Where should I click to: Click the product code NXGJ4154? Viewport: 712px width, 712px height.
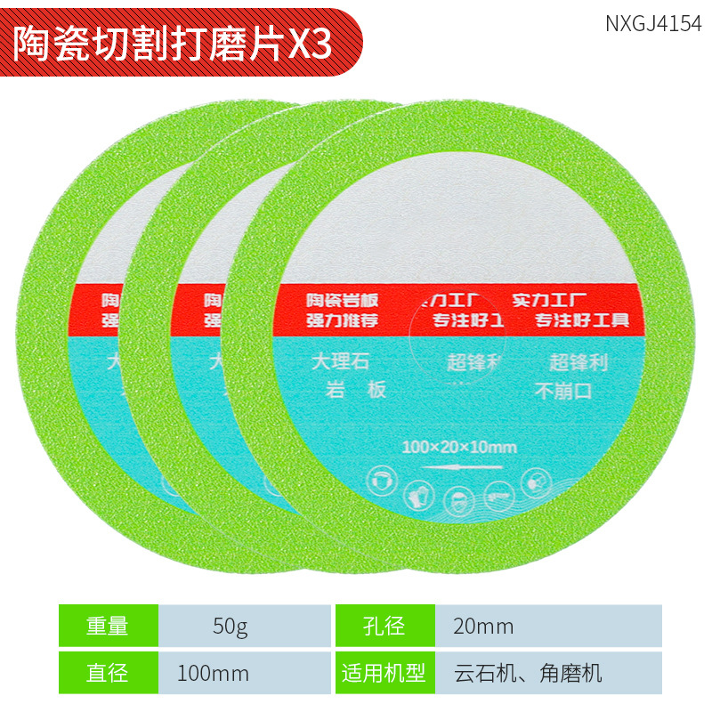[653, 23]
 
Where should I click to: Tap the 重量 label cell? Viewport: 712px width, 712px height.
[108, 626]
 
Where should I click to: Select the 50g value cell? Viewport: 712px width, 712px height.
[231, 626]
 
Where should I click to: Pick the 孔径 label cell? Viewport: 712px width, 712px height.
[384, 626]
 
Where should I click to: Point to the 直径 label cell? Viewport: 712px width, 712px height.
[108, 673]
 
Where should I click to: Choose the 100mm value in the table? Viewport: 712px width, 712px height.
[213, 673]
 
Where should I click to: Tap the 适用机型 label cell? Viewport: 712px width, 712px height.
[384, 673]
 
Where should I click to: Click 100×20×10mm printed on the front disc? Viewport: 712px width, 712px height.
[459, 445]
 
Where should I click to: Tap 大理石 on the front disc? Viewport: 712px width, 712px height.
[339, 362]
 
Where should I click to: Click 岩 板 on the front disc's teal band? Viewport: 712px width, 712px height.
[355, 390]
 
